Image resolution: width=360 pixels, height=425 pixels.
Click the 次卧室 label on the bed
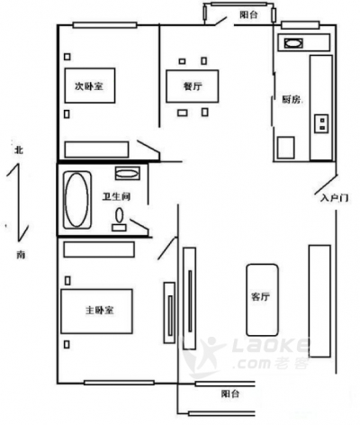coord(89,86)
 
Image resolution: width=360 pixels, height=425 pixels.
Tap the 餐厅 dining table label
coord(193,86)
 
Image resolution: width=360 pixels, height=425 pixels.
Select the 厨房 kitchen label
coord(292,99)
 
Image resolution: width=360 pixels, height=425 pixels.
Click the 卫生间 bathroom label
coord(117,196)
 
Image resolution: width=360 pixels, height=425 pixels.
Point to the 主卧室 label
coord(100,310)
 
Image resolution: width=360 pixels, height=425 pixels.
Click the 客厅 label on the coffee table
coord(260,296)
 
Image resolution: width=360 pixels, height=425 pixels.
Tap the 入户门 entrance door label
coord(334,198)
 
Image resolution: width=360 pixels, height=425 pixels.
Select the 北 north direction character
coord(19,149)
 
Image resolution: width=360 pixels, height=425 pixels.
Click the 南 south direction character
coord(21,255)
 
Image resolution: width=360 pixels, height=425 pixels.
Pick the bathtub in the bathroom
coord(77,200)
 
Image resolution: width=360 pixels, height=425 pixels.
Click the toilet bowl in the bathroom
coord(120,214)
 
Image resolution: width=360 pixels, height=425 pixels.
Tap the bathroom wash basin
coord(128,174)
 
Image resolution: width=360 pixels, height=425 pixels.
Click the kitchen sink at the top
coord(293,43)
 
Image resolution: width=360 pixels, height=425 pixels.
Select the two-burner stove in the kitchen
coord(321,123)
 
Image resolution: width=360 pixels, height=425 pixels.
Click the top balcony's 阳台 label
coord(248,14)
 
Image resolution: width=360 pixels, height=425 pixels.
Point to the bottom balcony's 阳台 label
coord(230,393)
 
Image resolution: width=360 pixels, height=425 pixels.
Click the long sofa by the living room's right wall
coord(319,301)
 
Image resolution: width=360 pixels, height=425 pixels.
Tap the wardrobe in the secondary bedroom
coord(96,149)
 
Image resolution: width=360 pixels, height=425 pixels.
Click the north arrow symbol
coord(18,202)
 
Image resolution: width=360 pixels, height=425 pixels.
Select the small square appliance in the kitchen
coord(285,148)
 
